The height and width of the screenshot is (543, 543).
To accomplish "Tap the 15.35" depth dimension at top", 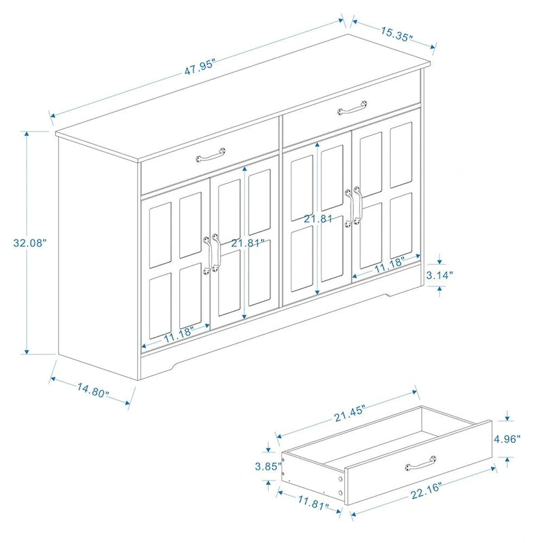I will point(396,34).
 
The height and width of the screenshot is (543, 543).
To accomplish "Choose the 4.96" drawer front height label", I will point(507,438).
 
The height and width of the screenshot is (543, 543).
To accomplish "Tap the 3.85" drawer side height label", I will point(268,466).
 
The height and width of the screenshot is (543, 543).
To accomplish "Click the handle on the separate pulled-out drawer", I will point(420,465).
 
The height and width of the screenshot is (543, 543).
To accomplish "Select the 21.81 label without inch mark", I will point(317,219).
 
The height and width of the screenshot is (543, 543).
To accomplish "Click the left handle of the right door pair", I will point(349,208).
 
